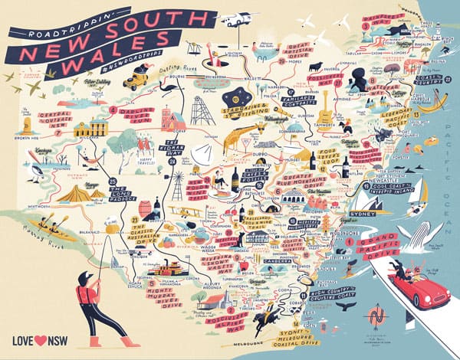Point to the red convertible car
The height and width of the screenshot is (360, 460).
419,286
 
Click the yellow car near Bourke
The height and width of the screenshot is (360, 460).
138,77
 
